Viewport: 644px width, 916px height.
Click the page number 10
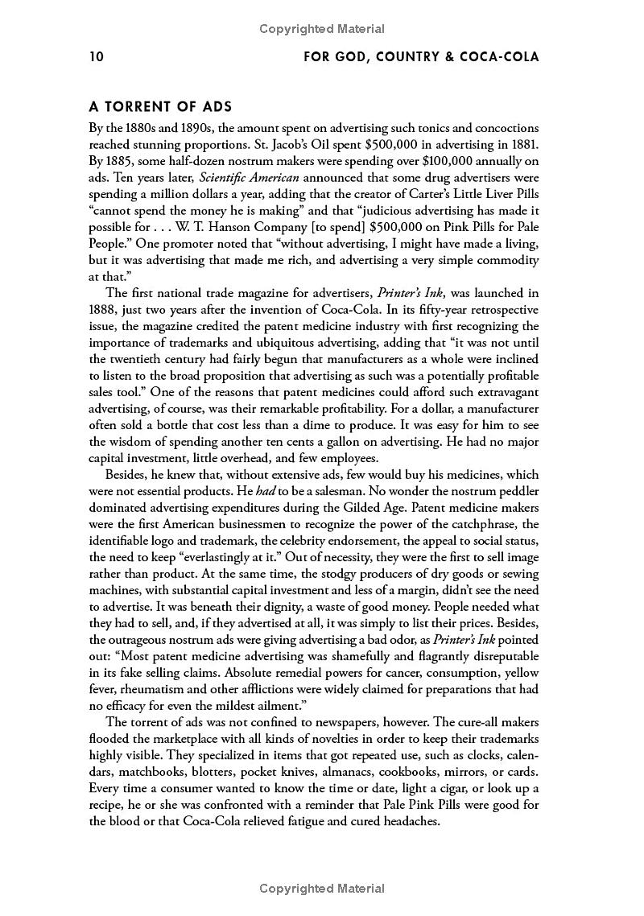tap(97, 57)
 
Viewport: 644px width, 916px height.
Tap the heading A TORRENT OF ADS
tap(160, 106)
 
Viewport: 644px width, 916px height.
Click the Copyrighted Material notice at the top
tap(322, 29)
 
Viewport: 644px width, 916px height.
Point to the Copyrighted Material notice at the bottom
tap(322, 889)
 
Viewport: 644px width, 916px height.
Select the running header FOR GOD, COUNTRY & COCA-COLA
tap(419, 57)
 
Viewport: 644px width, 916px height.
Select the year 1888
tap(104, 309)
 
